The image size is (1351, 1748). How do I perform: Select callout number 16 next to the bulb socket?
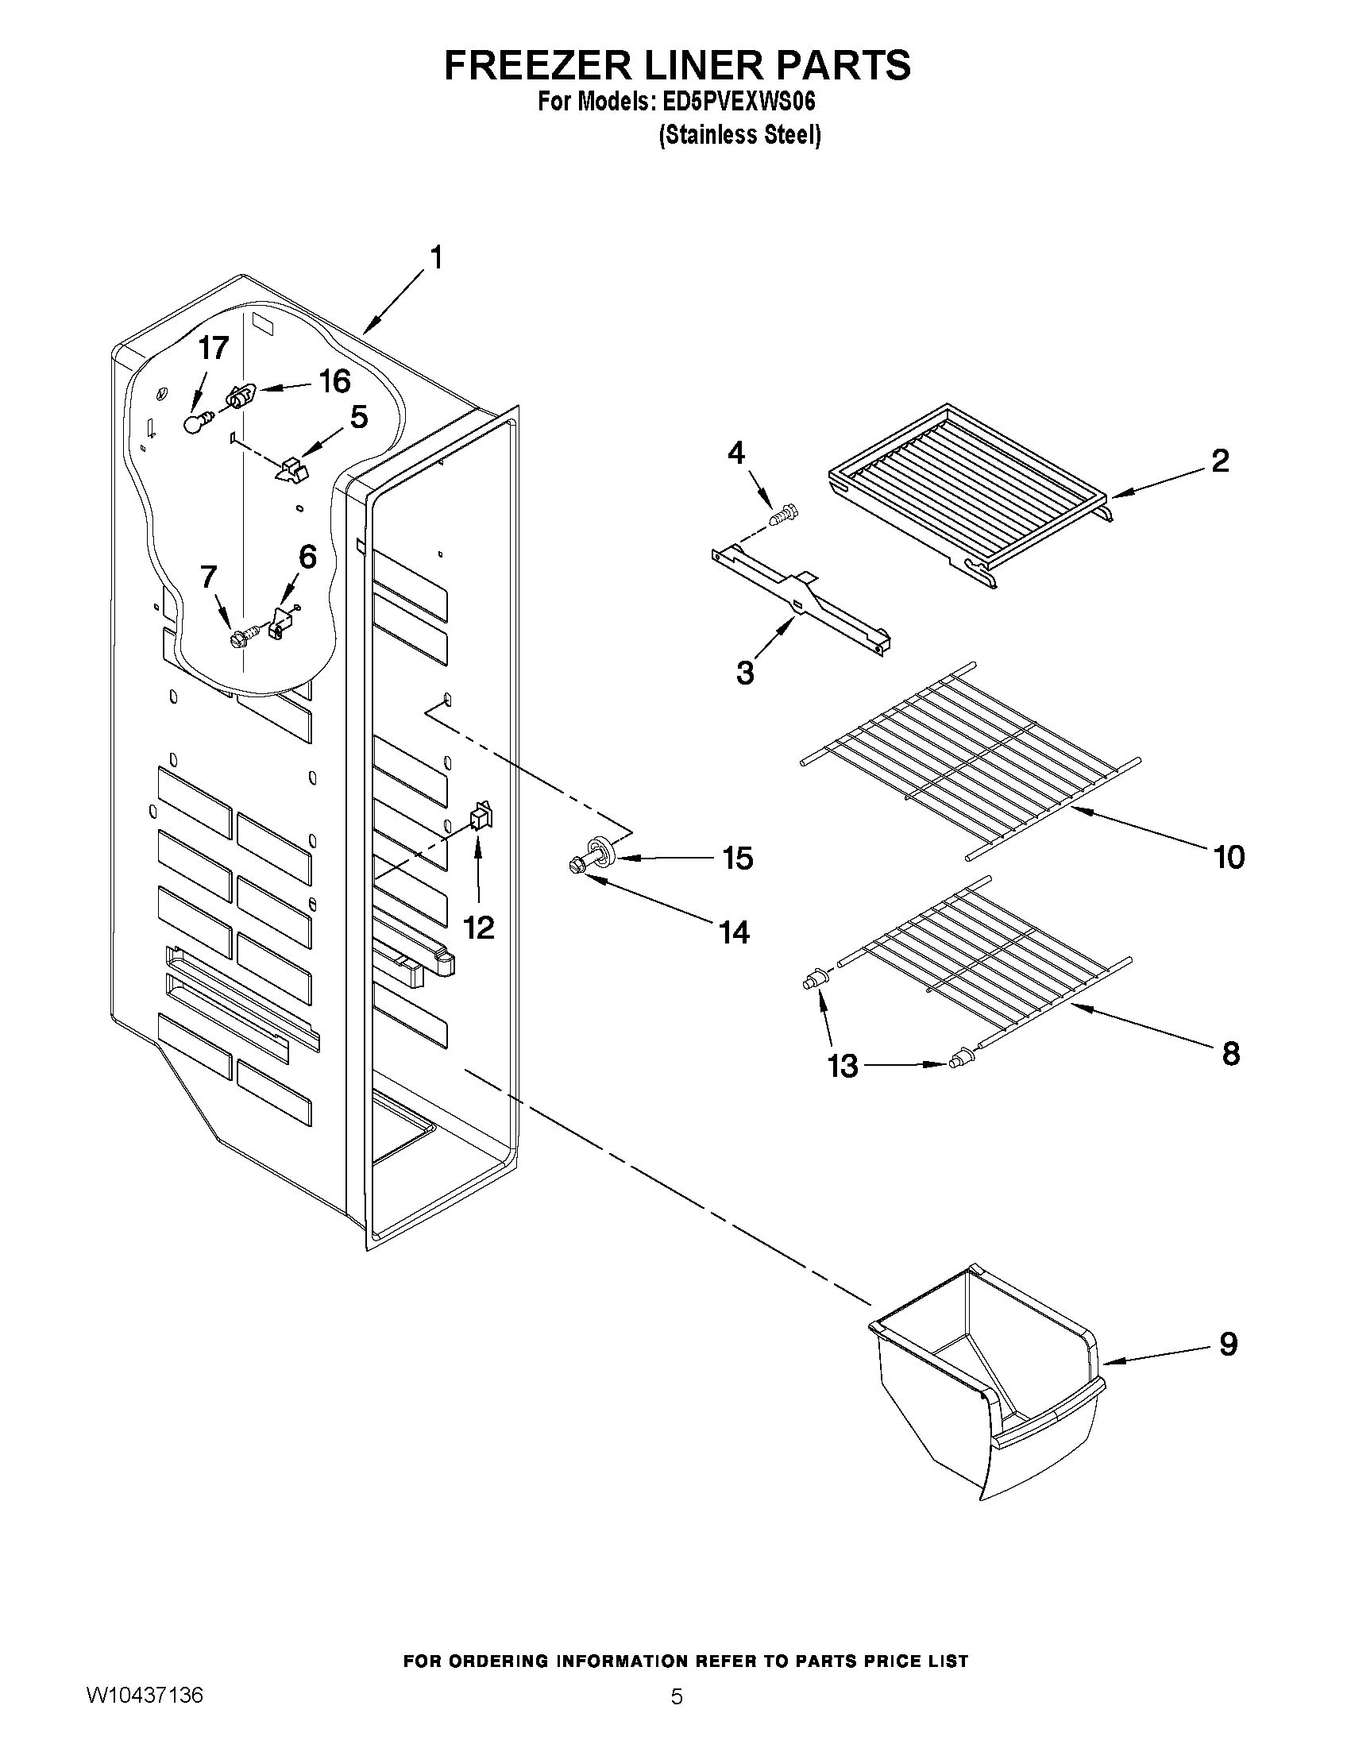[334, 381]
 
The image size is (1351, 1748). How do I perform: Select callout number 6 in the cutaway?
[307, 556]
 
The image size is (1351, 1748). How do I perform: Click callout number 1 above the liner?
[436, 258]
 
